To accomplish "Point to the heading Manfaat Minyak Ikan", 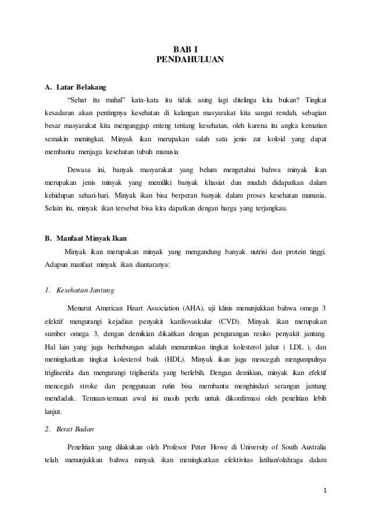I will [x=87, y=239].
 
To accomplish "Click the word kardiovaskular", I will [x=190, y=322].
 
